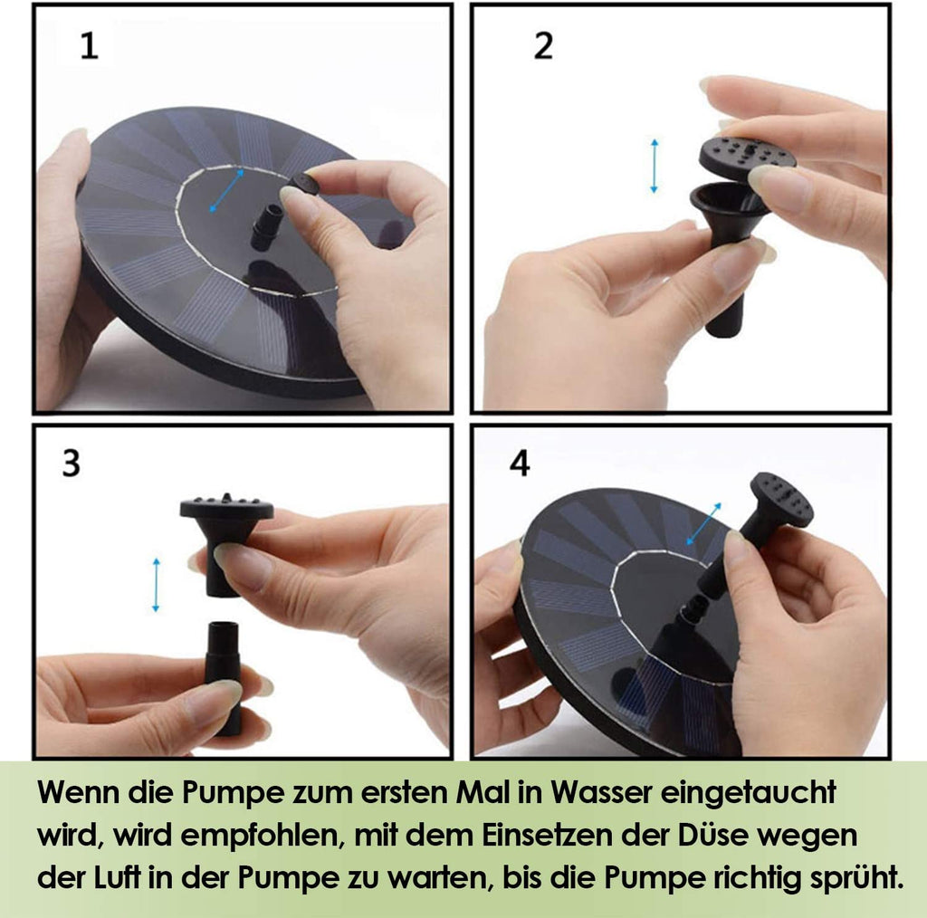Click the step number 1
click(x=90, y=46)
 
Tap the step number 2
click(x=543, y=46)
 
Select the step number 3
click(x=72, y=464)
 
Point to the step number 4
click(x=521, y=464)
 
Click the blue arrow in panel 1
click(x=227, y=190)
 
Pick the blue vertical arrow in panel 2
click(x=654, y=166)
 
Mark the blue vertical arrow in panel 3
click(x=156, y=585)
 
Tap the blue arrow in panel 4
click(x=703, y=523)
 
